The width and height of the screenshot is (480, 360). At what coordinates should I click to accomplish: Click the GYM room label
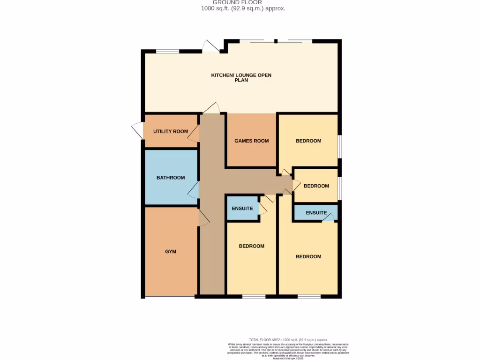tap(171, 252)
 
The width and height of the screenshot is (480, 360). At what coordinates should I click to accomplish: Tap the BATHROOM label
tap(171, 178)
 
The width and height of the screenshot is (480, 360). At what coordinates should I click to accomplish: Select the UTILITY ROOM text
tap(171, 131)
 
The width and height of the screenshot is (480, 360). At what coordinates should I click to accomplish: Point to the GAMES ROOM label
tap(252, 141)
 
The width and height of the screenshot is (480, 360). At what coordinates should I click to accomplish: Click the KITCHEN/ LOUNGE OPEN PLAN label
tap(241, 78)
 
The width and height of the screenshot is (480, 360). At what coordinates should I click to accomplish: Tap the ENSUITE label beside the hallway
tap(242, 208)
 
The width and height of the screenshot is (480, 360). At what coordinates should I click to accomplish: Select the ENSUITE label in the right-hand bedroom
tap(316, 213)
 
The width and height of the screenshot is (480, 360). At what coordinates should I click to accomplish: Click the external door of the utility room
tap(137, 130)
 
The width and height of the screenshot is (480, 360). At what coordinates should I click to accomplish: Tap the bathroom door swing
tap(193, 190)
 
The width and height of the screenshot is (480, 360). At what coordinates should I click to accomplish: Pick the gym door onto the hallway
tap(203, 218)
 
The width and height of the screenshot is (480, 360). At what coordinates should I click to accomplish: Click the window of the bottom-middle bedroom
tap(253, 296)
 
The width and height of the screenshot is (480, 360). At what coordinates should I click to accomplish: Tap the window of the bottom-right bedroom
tap(309, 296)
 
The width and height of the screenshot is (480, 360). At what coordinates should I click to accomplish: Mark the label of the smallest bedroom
tap(316, 186)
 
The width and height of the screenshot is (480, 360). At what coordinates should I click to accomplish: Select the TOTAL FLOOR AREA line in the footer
tap(288, 339)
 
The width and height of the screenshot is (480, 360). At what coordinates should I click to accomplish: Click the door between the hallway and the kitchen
tap(212, 108)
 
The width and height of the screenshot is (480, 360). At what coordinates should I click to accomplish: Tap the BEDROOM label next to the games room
tap(308, 141)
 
